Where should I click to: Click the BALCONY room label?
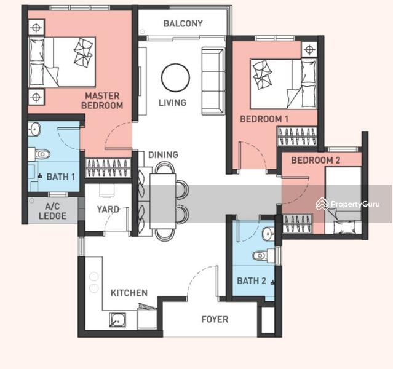[x=183, y=23]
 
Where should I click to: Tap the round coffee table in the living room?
[x=175, y=77]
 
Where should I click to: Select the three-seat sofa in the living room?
[x=213, y=81]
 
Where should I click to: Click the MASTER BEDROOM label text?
[x=102, y=100]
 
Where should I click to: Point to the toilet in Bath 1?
[x=39, y=154]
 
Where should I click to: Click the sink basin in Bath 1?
[x=34, y=129]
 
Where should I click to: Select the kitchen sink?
[x=117, y=320]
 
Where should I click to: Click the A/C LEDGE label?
[x=53, y=211]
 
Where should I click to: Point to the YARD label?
[x=108, y=209]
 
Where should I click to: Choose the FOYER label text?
[x=215, y=319]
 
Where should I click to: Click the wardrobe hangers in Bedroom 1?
[x=297, y=136]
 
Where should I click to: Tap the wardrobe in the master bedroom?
[x=108, y=168]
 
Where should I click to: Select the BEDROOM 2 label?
[x=316, y=160]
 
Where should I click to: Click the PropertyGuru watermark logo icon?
[x=322, y=204]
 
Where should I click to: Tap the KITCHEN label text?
[x=129, y=293]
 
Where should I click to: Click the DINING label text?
[x=163, y=154]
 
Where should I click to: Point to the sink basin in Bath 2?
[x=268, y=234]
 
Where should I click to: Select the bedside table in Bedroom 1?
[x=309, y=50]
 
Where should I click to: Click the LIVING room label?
[x=172, y=103]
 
